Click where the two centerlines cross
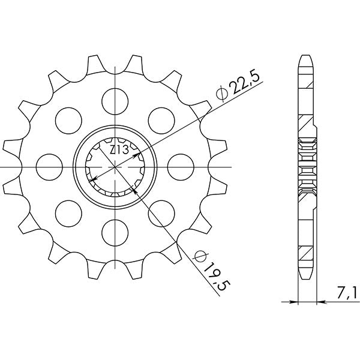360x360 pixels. point(115,166)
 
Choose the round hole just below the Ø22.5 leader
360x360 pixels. point(161,117)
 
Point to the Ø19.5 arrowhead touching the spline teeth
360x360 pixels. point(133,187)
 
